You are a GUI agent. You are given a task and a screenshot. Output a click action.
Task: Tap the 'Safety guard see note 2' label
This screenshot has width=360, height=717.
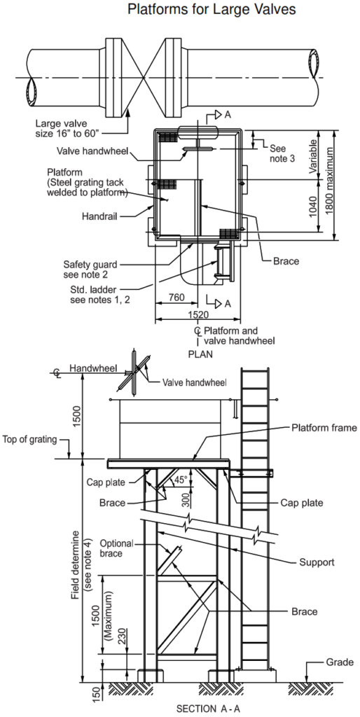[x=90, y=270]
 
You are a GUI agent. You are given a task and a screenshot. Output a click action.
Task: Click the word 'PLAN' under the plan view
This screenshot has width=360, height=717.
[x=200, y=354]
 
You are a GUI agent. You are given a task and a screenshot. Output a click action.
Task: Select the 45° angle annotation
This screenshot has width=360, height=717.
[x=181, y=480]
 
